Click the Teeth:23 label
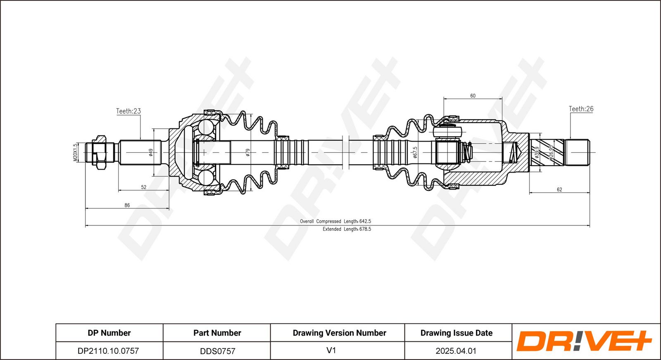(128, 111)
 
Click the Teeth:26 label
(581, 109)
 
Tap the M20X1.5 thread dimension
(75, 152)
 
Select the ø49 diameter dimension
(151, 152)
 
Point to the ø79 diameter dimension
(248, 152)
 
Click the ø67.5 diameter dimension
(415, 152)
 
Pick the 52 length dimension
(144, 187)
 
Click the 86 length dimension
(127, 205)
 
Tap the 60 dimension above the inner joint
(473, 96)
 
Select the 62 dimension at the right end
(559, 189)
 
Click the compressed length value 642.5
(365, 221)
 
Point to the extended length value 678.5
(365, 229)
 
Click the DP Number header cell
(109, 333)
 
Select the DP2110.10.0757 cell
(108, 351)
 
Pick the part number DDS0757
(217, 351)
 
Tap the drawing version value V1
(331, 351)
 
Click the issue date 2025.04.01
(456, 351)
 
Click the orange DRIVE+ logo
(584, 341)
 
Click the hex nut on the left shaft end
(100, 152)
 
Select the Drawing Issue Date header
(457, 333)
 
